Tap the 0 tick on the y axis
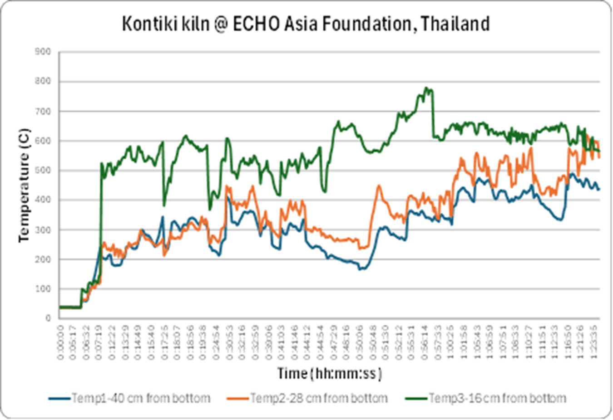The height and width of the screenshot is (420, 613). (48, 318)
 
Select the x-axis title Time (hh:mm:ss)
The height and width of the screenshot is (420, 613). (330, 373)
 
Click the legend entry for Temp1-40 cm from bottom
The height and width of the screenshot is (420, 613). (141, 398)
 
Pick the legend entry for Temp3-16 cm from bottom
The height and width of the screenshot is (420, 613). (497, 398)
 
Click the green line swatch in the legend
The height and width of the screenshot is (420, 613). (415, 399)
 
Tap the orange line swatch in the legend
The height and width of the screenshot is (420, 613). (237, 399)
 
